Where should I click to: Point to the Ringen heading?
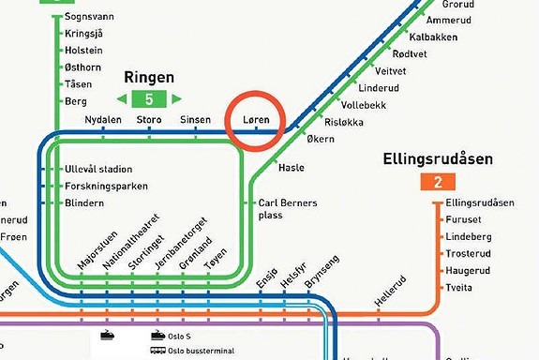[149, 77]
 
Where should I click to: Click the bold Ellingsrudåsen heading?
[437, 160]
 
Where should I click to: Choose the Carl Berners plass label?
[288, 208]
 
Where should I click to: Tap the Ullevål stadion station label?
[97, 170]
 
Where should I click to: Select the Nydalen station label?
[103, 121]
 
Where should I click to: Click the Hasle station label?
[292, 168]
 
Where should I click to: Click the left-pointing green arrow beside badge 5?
[122, 98]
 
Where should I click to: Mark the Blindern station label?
[84, 202]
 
